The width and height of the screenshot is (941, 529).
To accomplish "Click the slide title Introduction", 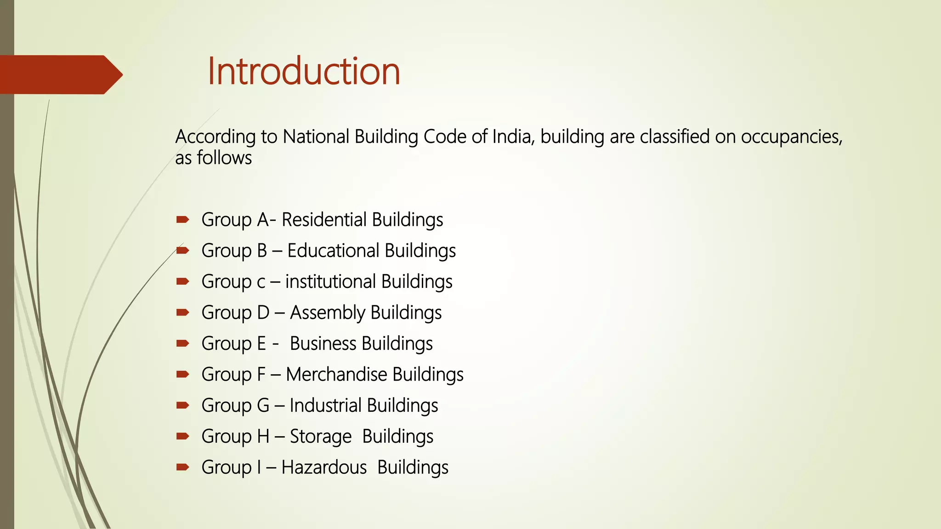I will point(303,71).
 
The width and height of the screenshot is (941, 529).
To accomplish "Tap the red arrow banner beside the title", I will point(60,74).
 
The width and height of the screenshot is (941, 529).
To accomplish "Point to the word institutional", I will point(330,281).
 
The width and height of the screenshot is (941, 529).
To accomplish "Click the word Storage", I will point(320,436).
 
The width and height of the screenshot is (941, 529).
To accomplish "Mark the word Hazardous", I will point(324,467).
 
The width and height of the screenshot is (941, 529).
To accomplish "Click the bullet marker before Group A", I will point(182,219).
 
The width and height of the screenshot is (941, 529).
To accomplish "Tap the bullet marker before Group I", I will point(182,467).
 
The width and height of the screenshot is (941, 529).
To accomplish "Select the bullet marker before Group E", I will point(182,343).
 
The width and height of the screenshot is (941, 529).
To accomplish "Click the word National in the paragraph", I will point(316,137).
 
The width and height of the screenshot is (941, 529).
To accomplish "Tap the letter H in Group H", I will point(263,436).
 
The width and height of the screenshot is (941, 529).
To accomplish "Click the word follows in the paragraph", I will point(224,158).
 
